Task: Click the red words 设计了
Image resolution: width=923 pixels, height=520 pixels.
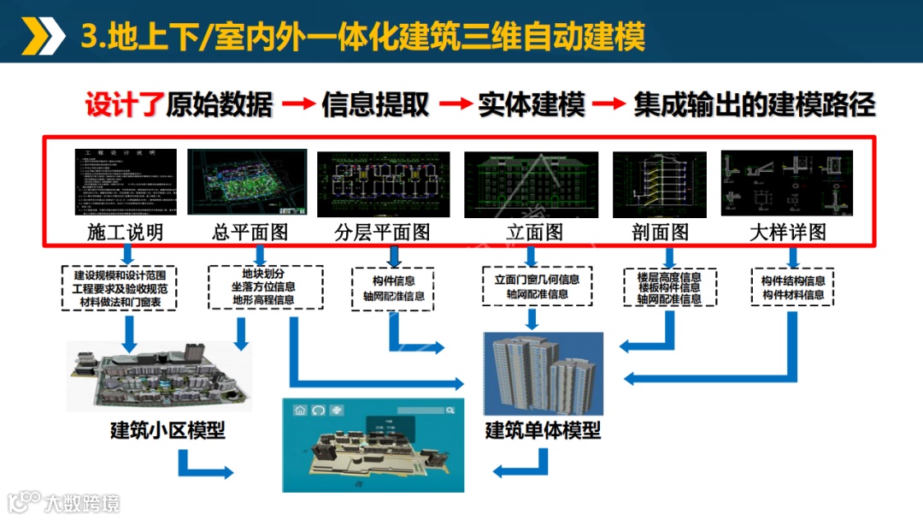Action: click(124, 104)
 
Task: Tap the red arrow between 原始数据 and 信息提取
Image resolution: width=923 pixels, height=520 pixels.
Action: click(298, 105)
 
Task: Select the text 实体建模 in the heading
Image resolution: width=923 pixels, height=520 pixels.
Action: click(532, 104)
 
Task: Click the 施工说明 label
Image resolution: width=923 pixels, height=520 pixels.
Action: click(125, 232)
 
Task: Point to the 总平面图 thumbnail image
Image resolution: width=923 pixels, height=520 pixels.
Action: click(248, 182)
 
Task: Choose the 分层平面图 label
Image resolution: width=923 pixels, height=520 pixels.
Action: click(382, 232)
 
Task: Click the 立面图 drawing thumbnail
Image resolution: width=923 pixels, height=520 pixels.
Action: click(530, 184)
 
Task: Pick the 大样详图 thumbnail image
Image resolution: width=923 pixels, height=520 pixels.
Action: click(787, 182)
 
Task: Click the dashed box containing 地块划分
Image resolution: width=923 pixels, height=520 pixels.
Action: click(266, 287)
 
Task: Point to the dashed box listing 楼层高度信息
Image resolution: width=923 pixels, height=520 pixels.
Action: click(669, 288)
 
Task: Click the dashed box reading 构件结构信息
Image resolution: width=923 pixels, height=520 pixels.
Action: click(793, 288)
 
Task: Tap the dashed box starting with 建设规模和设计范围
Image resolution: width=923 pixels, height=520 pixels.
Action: click(120, 288)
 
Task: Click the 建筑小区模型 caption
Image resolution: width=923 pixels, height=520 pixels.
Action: click(168, 430)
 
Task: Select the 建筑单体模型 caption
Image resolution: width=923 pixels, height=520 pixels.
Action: click(543, 430)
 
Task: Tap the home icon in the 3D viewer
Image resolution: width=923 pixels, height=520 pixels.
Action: click(300, 411)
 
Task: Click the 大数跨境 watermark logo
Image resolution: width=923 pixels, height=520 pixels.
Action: click(64, 501)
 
